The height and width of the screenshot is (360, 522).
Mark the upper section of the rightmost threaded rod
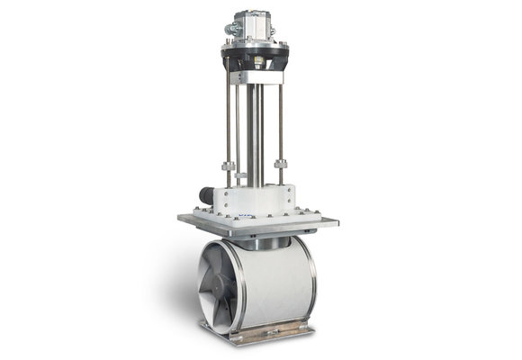[282, 117]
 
